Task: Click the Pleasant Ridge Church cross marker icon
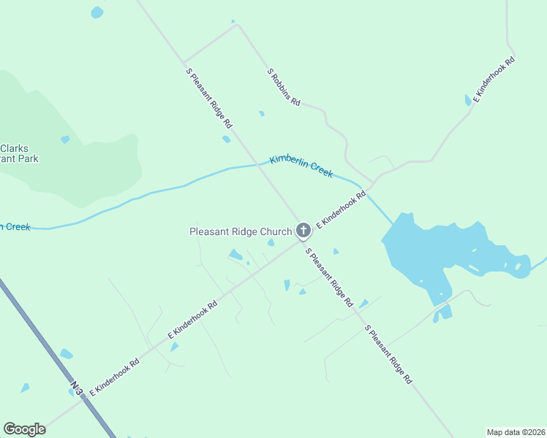303,231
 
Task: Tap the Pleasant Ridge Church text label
241,232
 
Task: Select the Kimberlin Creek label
301,166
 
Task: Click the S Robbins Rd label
284,88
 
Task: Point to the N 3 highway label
76,387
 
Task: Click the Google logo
24,429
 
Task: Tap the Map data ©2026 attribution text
516,432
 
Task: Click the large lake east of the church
439,248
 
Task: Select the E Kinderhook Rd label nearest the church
341,210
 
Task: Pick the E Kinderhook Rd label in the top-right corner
494,77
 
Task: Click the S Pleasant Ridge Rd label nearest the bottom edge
388,355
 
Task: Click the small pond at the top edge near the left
97,12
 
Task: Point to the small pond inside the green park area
65,139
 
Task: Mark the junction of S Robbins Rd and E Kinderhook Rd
373,182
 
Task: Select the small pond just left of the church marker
271,243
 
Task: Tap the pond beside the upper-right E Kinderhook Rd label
468,101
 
